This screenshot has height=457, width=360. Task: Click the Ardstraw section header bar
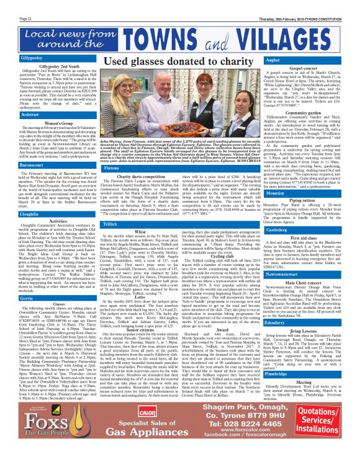tap(19, 115)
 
